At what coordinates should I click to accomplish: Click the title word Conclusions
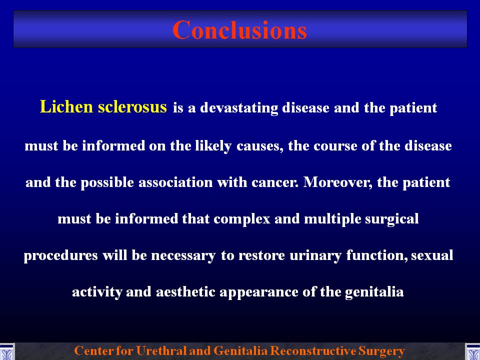[239, 29]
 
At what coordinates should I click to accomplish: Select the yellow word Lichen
[66, 106]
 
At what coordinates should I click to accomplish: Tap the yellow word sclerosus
[132, 106]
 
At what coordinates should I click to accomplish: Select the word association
[175, 182]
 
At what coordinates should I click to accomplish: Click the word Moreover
[338, 182]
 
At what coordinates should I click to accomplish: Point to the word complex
[242, 219]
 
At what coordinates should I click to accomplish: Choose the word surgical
[391, 219]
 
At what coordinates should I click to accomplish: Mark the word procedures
[60, 255]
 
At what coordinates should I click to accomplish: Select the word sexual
[432, 255]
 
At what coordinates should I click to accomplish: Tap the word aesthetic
[185, 291]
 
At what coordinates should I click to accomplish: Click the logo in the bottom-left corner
[6, 351]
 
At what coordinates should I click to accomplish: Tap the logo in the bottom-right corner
[472, 351]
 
